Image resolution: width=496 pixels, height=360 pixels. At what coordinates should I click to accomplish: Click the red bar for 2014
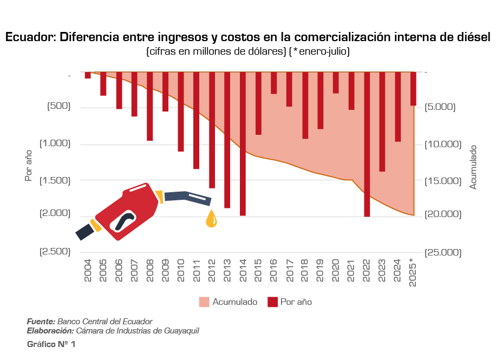pyautogui.click(x=243, y=143)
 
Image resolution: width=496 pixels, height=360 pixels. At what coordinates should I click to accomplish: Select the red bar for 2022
pyautogui.click(x=367, y=143)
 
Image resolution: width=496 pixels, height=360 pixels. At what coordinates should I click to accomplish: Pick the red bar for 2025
pyautogui.click(x=413, y=89)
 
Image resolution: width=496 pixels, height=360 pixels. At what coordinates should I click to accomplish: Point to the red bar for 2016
pyautogui.click(x=274, y=83)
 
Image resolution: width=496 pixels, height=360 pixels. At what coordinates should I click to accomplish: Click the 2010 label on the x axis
pyautogui.click(x=181, y=271)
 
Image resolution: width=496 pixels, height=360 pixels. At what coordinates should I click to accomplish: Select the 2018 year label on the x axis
pyautogui.click(x=305, y=271)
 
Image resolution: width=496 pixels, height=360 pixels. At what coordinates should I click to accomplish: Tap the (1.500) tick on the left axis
pyautogui.click(x=55, y=179)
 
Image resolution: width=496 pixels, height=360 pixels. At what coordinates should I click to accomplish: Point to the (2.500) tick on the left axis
pyautogui.click(x=55, y=251)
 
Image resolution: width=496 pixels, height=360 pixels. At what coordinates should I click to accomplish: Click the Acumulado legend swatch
pyautogui.click(x=204, y=302)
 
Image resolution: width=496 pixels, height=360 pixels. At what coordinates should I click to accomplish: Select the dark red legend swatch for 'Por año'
pyautogui.click(x=272, y=302)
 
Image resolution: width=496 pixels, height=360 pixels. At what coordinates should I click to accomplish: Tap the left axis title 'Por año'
pyautogui.click(x=28, y=166)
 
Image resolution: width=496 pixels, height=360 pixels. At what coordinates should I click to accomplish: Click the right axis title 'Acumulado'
pyautogui.click(x=473, y=167)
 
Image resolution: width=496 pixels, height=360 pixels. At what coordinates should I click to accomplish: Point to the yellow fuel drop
pyautogui.click(x=211, y=219)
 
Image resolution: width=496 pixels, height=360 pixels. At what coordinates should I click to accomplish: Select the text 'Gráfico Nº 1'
pyautogui.click(x=51, y=344)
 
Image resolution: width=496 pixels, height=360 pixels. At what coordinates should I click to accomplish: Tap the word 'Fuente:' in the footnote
pyautogui.click(x=41, y=322)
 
